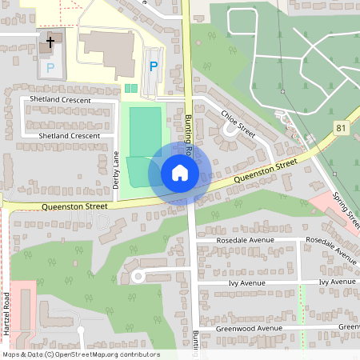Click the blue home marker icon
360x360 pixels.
(x=179, y=173)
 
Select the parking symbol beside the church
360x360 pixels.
(x=50, y=68)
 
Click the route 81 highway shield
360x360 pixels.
(x=342, y=128)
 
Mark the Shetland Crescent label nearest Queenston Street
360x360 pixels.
(x=69, y=136)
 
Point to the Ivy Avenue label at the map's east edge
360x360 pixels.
(x=337, y=282)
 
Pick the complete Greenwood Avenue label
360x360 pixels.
(x=249, y=328)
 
